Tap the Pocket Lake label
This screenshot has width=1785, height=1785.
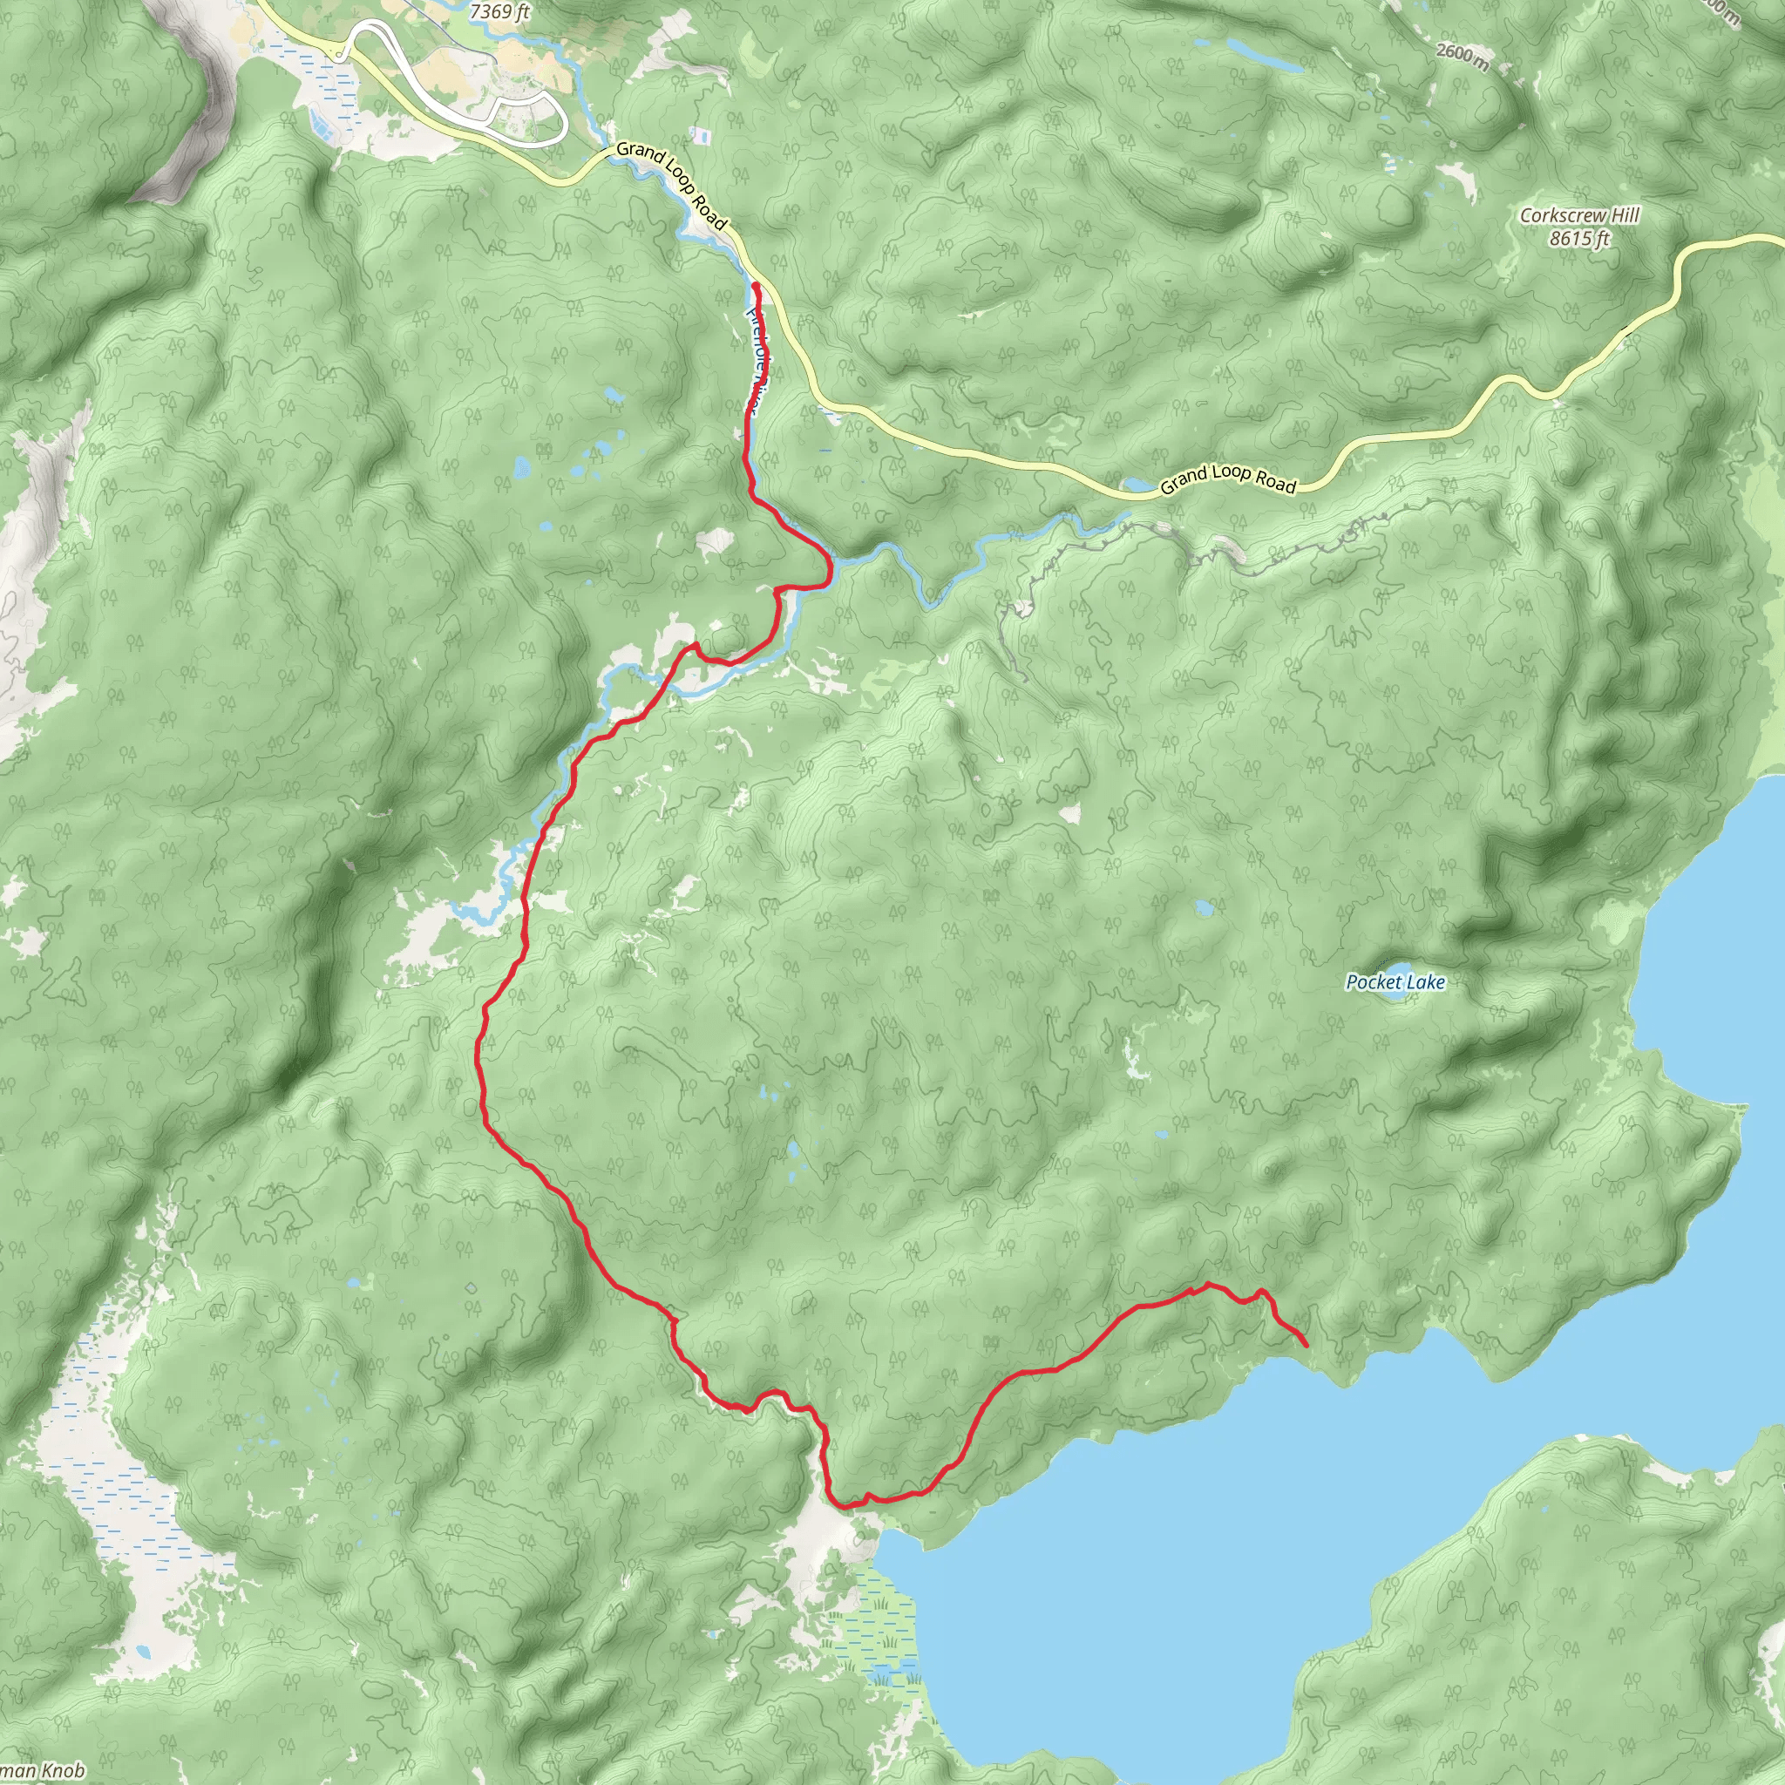1395,982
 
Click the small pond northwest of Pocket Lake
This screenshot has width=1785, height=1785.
1203,908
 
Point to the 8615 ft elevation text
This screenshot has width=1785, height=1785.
1579,238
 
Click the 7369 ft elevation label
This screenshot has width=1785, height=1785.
499,11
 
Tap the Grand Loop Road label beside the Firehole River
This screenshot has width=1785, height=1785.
672,183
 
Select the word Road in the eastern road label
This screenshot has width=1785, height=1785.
1276,482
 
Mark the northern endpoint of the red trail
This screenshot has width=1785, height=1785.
757,288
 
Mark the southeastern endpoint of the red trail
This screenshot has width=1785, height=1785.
1305,1345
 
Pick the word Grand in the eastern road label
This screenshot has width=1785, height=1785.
1183,480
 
